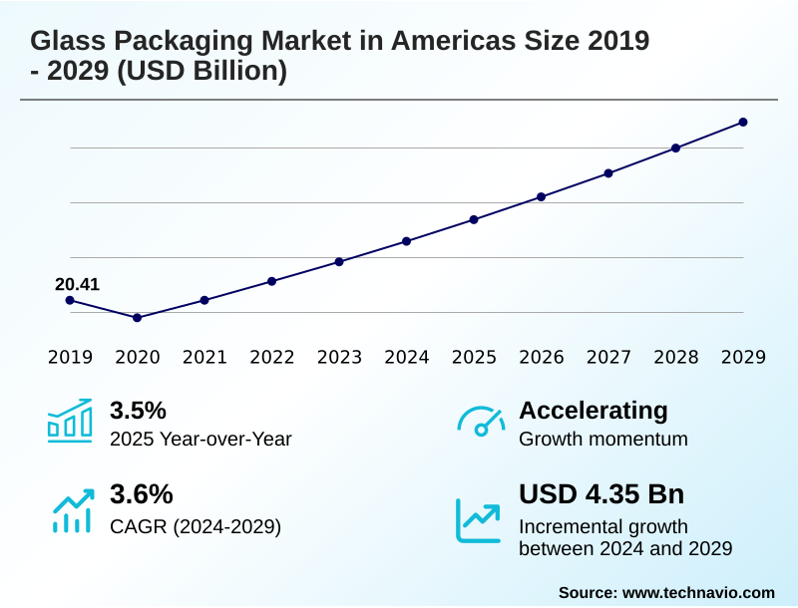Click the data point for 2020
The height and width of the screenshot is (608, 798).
click(137, 318)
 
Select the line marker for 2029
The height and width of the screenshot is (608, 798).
click(743, 123)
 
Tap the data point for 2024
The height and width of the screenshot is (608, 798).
click(407, 241)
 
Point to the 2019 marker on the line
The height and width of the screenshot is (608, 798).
click(70, 300)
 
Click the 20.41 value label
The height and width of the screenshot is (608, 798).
click(77, 285)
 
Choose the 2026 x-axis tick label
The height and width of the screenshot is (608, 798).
click(542, 357)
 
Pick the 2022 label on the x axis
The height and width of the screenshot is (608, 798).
click(272, 357)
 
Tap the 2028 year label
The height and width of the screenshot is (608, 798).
click(676, 357)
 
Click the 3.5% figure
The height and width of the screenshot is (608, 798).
click(138, 411)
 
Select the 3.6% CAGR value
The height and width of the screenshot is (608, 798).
click(141, 494)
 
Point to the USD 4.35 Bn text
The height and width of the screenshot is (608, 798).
click(601, 494)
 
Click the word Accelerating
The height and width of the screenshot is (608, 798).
click(594, 411)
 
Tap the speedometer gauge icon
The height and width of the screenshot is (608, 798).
click(480, 421)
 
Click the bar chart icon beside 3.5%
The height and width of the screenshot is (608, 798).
click(69, 421)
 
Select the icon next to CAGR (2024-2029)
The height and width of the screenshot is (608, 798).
click(71, 508)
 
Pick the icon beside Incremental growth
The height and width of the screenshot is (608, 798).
click(479, 520)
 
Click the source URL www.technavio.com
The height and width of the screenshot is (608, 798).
click(698, 592)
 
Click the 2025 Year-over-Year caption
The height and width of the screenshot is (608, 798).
click(200, 439)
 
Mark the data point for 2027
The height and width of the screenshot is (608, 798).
click(608, 173)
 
